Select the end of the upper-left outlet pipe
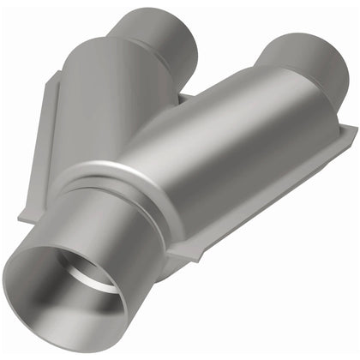(x=163, y=34)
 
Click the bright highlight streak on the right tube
(x=214, y=129)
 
